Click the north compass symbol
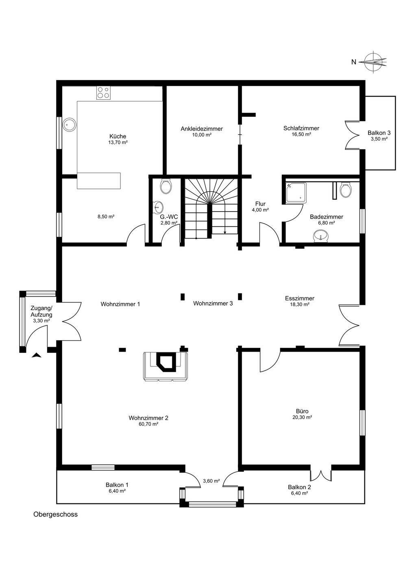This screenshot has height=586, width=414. point(373,62)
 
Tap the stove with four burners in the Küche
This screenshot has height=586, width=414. point(103,93)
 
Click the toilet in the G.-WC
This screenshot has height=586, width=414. point(166,186)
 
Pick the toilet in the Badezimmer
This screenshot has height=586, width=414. point(346,189)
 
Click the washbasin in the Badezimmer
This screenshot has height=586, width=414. point(320,236)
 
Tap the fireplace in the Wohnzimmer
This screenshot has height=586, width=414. point(166,367)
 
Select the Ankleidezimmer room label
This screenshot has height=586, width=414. point(202,129)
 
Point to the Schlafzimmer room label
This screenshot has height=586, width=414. point(301,128)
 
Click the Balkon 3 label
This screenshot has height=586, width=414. point(379,133)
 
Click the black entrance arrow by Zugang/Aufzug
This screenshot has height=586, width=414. point(36,355)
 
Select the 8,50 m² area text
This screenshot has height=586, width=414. point(106,216)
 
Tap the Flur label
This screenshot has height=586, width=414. point(260,204)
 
